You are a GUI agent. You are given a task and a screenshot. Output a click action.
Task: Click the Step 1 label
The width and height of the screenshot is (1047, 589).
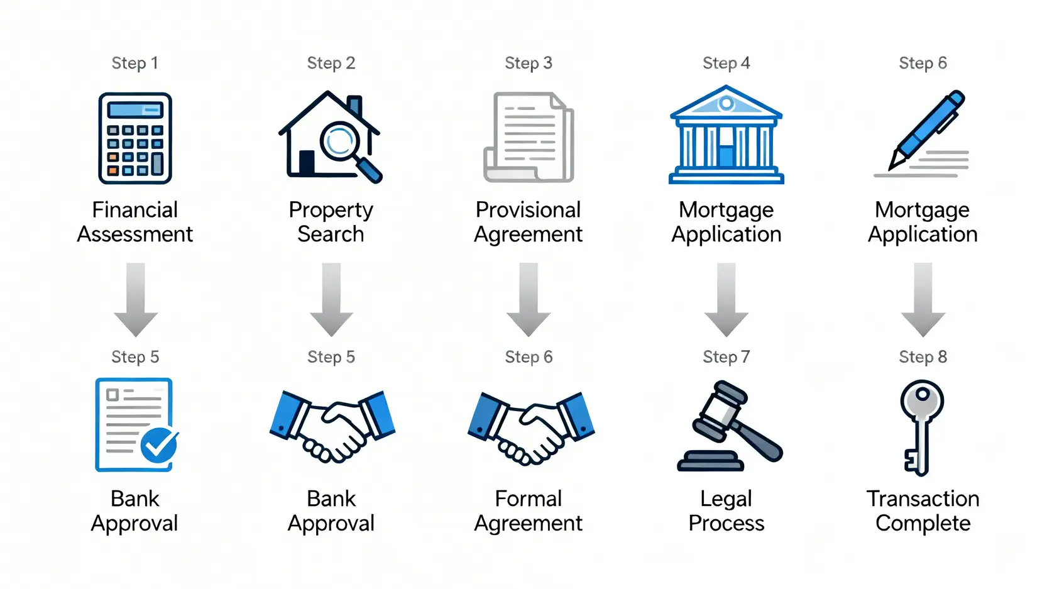(x=134, y=63)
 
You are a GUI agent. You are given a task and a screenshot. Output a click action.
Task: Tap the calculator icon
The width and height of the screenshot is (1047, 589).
(x=135, y=138)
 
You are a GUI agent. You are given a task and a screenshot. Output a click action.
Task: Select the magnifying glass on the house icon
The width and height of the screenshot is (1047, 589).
(x=343, y=143)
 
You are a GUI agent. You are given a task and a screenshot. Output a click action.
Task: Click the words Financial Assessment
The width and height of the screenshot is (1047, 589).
(x=134, y=222)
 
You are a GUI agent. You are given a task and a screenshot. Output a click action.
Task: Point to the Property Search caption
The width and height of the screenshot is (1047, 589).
(x=331, y=222)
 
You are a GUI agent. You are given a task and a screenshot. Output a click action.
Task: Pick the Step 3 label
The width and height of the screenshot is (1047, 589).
(x=528, y=63)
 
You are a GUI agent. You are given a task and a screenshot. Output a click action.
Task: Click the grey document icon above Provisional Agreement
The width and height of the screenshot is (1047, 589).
(x=529, y=137)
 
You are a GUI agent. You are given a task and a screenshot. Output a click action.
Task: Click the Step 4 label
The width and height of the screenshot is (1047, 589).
(x=726, y=63)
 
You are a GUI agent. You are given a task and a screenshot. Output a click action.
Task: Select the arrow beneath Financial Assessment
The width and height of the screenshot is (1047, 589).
(x=135, y=299)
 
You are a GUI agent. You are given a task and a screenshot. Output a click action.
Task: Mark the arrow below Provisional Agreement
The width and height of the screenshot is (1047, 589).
(x=529, y=299)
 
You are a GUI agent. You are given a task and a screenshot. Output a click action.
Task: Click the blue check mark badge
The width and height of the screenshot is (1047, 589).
(x=159, y=445)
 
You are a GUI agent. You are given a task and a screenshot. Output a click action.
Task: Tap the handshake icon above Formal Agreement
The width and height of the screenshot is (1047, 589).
(x=530, y=427)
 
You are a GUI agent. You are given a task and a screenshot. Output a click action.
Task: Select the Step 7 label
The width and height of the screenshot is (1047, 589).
(x=726, y=357)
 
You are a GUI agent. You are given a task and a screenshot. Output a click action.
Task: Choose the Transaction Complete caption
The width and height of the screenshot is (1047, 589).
(x=923, y=511)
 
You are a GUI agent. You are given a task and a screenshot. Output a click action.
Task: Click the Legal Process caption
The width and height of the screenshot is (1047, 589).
(x=726, y=511)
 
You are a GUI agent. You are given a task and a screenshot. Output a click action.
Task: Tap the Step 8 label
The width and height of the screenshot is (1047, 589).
(x=923, y=357)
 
